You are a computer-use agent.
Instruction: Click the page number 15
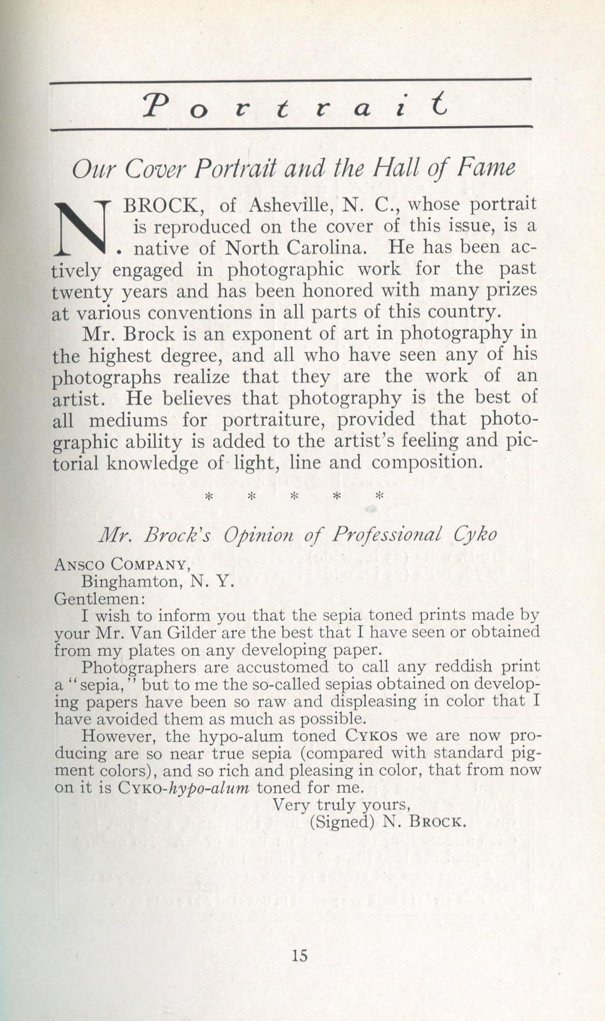pyautogui.click(x=299, y=955)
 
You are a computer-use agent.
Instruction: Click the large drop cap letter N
pyautogui.click(x=82, y=227)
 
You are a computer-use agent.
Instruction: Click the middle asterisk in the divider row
pyautogui.click(x=294, y=496)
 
